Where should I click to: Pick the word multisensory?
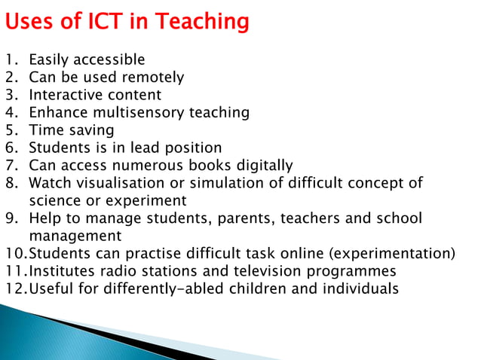(142, 113)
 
